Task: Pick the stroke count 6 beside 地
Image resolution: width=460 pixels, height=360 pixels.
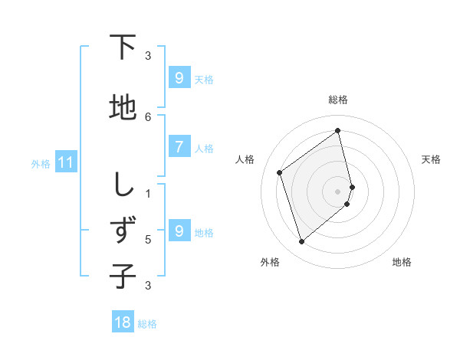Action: [x=148, y=116]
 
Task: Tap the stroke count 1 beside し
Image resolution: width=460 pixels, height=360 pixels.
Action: [x=148, y=193]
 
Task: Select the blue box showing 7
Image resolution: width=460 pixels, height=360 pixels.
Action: [x=179, y=146]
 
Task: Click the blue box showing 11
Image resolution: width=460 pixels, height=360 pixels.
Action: [x=65, y=162]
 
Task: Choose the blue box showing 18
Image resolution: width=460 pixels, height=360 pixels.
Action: [x=123, y=322]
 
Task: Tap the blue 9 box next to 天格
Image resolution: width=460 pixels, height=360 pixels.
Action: [x=179, y=77]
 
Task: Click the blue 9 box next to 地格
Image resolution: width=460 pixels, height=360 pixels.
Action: [x=179, y=231]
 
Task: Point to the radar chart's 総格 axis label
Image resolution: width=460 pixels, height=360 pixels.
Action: [x=338, y=100]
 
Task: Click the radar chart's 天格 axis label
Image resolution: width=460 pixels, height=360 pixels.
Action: [x=431, y=159]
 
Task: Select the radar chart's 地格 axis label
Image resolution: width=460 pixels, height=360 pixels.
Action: [x=402, y=262]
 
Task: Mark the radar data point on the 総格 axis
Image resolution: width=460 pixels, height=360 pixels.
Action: [x=338, y=130]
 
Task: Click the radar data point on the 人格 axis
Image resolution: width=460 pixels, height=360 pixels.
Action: [x=280, y=172]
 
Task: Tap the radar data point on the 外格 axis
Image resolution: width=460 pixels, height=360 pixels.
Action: [x=302, y=242]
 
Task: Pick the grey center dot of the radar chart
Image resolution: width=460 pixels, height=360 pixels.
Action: [x=338, y=191]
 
